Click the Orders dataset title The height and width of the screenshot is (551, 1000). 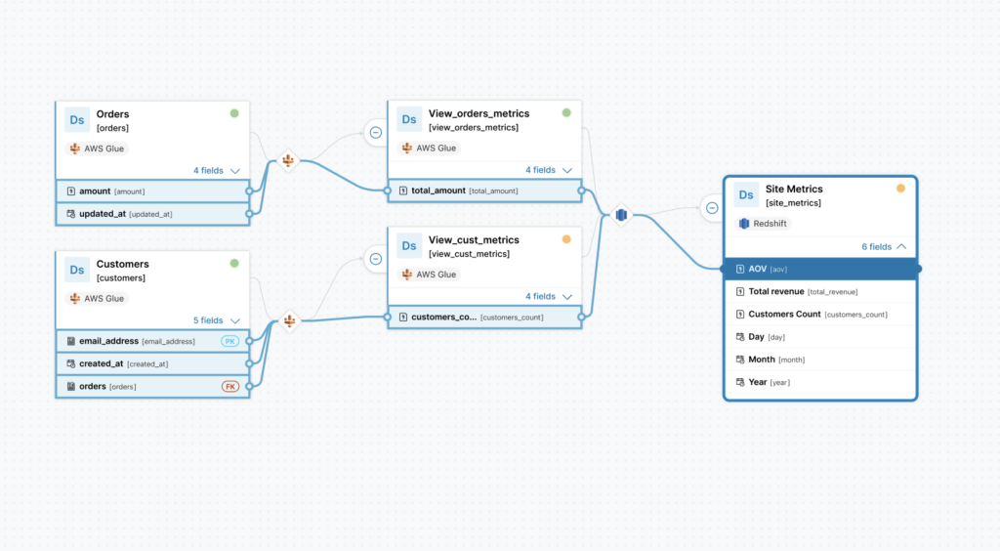[x=112, y=114]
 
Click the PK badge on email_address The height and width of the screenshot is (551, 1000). [x=230, y=341]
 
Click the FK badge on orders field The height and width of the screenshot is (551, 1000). [x=230, y=386]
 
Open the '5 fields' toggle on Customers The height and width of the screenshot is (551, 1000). [x=216, y=320]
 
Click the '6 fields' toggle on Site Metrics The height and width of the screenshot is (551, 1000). [x=884, y=247]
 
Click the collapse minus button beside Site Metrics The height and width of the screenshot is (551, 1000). [x=712, y=207]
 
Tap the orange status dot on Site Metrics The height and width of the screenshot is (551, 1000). [x=900, y=189]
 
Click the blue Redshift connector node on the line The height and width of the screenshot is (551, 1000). [x=620, y=215]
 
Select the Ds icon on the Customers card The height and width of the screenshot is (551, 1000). [x=77, y=269]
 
